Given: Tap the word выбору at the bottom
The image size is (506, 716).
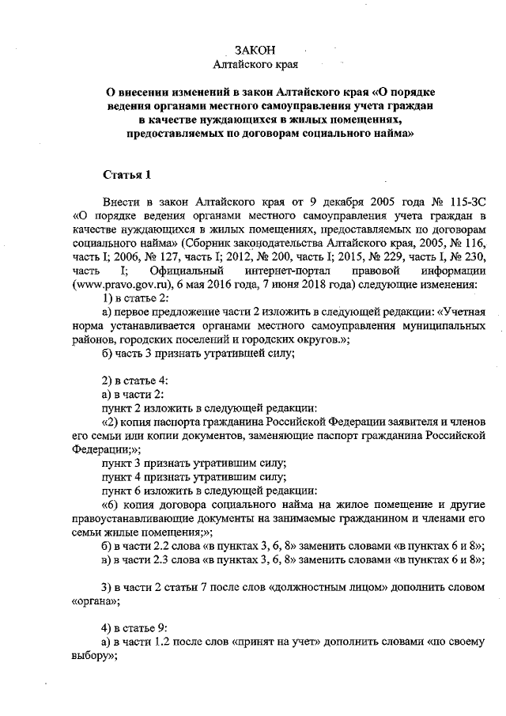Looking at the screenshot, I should coord(94,655).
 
